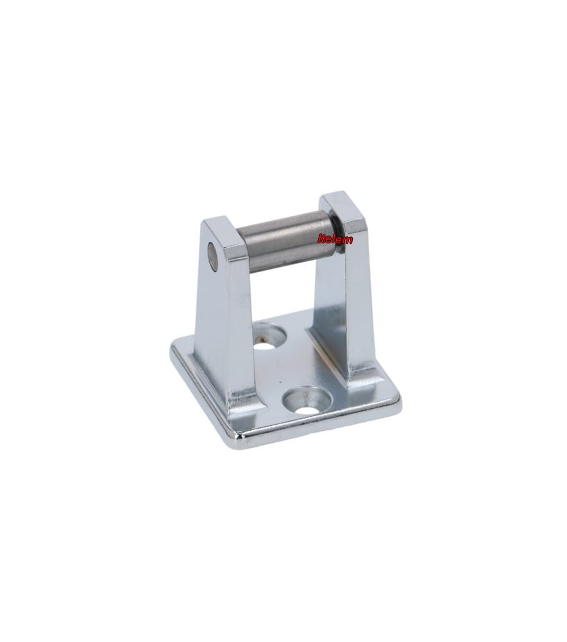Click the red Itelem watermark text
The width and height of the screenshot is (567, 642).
[335, 239]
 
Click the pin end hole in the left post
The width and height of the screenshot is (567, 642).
[212, 257]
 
